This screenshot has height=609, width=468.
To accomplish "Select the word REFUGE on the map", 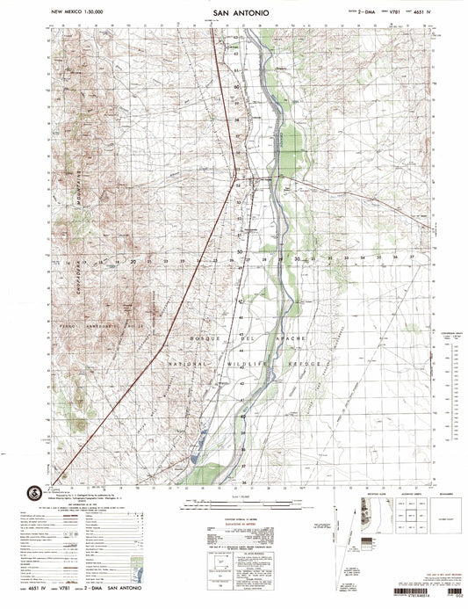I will [x=312, y=362].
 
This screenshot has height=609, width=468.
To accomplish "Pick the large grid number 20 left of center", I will [x=133, y=261].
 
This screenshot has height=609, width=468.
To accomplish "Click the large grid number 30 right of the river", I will [x=298, y=259].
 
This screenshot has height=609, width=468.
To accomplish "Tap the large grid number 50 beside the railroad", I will [x=239, y=252].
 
